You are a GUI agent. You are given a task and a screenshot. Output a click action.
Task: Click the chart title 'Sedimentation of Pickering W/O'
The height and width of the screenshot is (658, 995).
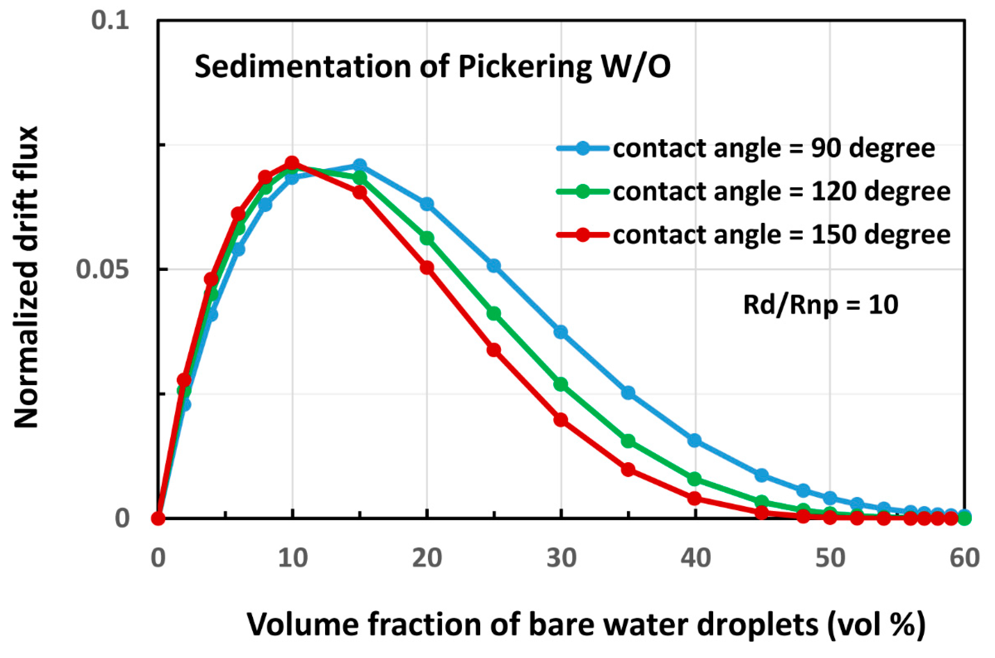coord(432,67)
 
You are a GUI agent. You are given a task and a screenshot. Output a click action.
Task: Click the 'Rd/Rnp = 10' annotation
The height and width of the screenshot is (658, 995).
coord(820,305)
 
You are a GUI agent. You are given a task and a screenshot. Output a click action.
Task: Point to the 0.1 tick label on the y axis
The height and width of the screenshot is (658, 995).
coord(110,21)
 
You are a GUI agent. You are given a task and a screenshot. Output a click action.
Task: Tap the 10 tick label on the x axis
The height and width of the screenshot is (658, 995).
coord(293,559)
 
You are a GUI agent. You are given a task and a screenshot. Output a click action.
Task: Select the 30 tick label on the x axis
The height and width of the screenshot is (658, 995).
coord(561,559)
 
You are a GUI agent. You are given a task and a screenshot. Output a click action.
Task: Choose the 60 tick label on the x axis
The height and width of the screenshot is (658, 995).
coord(964,559)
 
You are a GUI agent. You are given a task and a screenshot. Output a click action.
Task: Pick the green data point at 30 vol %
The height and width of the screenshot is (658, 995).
coord(561,384)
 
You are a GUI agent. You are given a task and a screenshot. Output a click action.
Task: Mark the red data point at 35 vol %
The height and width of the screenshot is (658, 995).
coord(628,469)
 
